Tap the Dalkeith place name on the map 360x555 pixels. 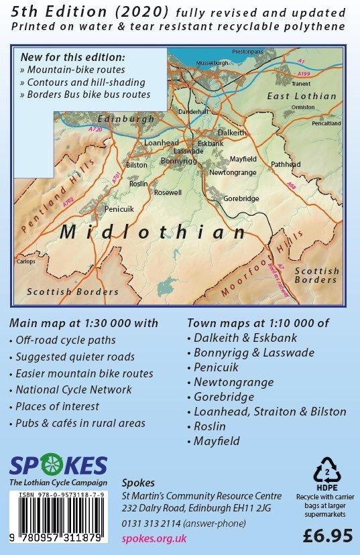click(x=233, y=133)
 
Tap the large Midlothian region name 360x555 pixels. click(x=153, y=233)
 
